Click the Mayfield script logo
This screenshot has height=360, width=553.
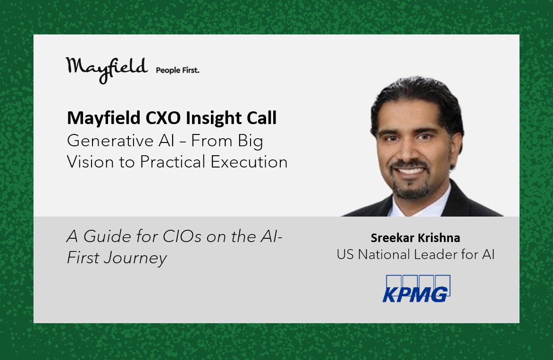pyautogui.click(x=107, y=69)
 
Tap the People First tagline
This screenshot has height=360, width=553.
pyautogui.click(x=177, y=70)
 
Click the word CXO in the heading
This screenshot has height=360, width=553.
pyautogui.click(x=163, y=118)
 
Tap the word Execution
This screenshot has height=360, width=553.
pyautogui.click(x=249, y=162)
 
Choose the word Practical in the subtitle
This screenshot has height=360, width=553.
pyautogui.click(x=173, y=162)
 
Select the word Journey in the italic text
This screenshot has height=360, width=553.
pyautogui.click(x=135, y=259)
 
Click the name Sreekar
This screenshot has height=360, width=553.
pyautogui.click(x=392, y=238)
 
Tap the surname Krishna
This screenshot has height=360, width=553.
pyautogui.click(x=439, y=238)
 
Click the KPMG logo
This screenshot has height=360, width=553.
pyautogui.click(x=417, y=289)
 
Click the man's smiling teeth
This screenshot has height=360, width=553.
pyautogui.click(x=410, y=171)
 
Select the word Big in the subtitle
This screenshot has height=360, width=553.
pyautogui.click(x=251, y=142)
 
